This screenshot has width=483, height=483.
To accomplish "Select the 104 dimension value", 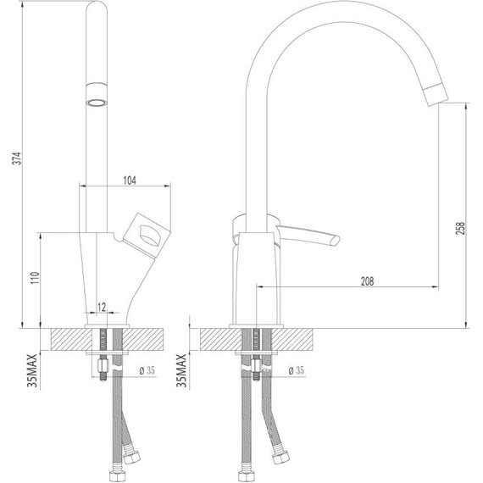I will coord(130,180).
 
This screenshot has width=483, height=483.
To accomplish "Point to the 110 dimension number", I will coord(34,280).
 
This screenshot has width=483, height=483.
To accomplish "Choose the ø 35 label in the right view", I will coord(296,370).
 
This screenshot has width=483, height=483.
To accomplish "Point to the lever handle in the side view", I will coord(309,234).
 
